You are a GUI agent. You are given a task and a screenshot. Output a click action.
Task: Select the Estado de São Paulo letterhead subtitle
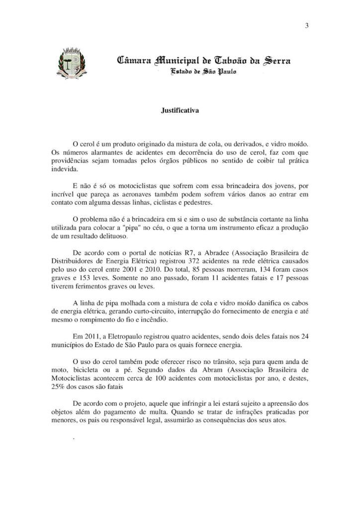204,73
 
